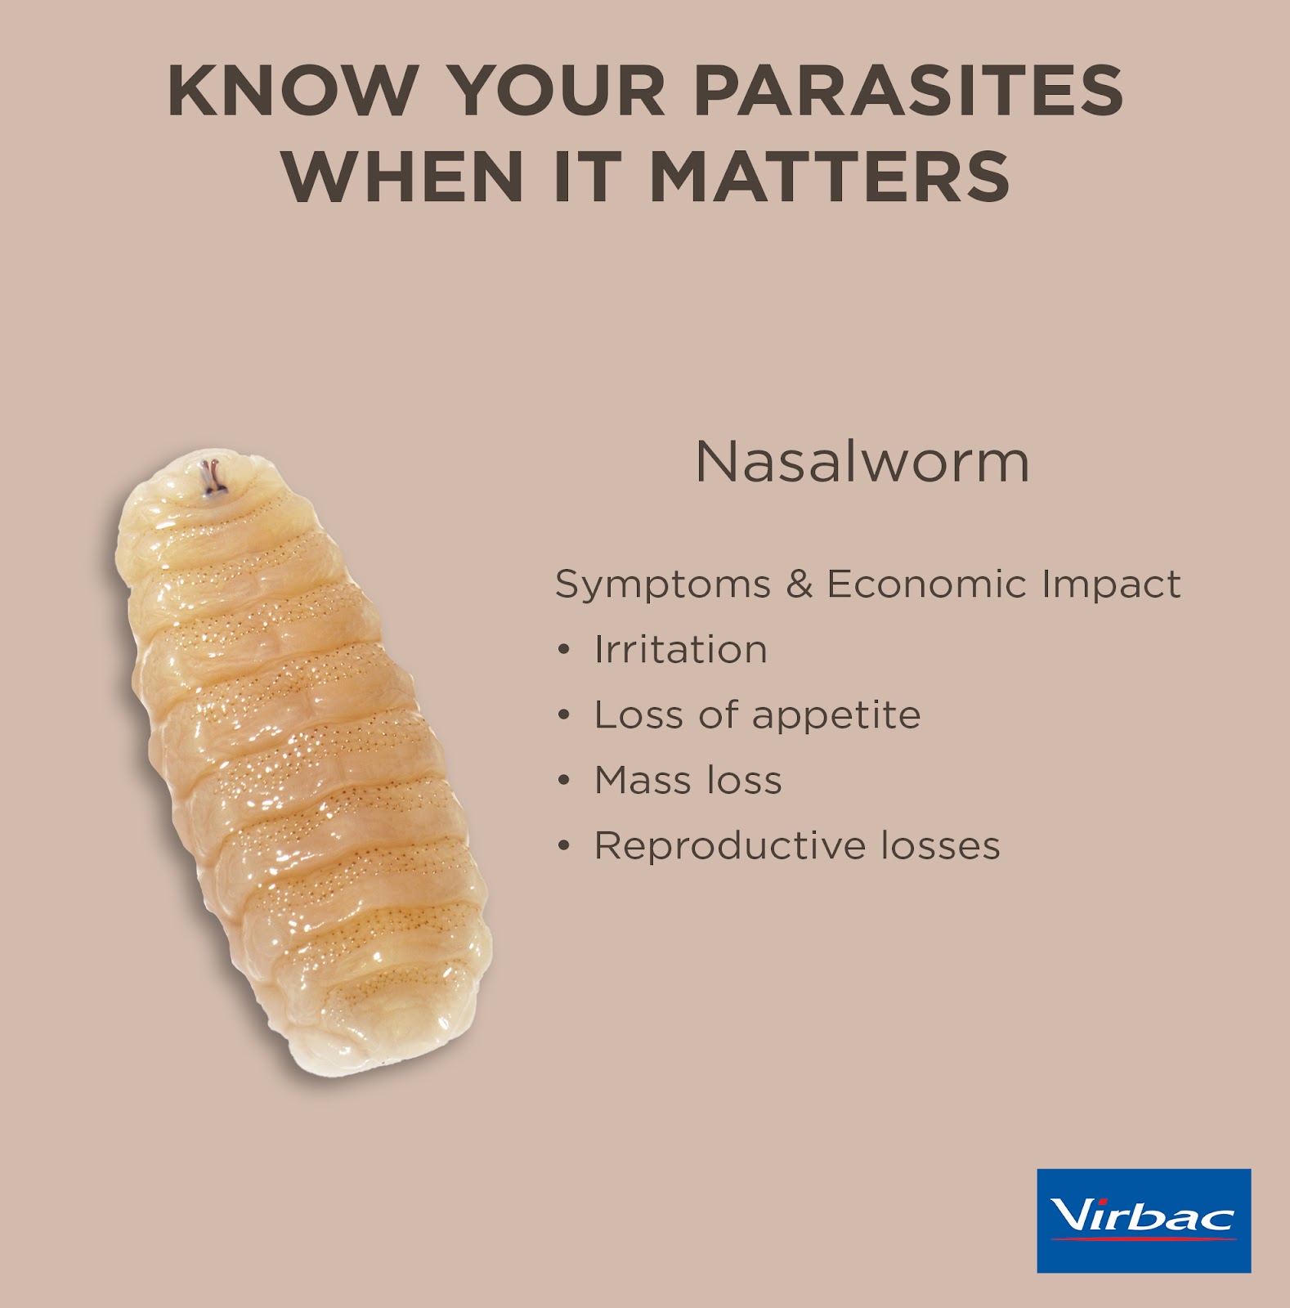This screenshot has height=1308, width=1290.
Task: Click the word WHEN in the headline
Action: pos(403,176)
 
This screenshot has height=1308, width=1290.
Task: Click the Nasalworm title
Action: pos(862,462)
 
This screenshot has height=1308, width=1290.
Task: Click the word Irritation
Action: pos(681,650)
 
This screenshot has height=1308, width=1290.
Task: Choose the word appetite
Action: pos(836,717)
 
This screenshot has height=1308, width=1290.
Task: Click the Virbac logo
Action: pos(1144,1221)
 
